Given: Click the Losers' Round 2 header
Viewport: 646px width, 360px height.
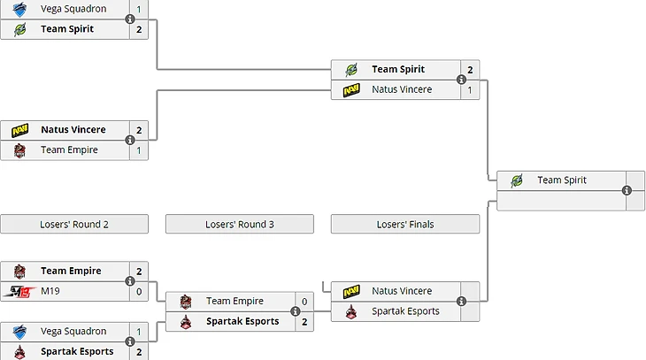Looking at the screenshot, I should pyautogui.click(x=74, y=224).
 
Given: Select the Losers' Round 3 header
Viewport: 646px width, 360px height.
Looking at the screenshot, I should pyautogui.click(x=239, y=224).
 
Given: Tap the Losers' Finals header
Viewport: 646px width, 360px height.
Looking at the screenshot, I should pyautogui.click(x=404, y=224).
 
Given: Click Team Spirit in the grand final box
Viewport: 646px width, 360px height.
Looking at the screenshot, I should pyautogui.click(x=561, y=180).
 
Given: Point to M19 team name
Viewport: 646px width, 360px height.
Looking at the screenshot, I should pyautogui.click(x=50, y=291).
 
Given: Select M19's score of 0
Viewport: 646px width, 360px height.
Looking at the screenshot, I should pyautogui.click(x=139, y=291).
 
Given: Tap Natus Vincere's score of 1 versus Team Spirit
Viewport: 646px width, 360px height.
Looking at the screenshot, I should pyautogui.click(x=470, y=89).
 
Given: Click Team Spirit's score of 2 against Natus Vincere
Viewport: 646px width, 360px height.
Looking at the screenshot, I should pyautogui.click(x=470, y=69).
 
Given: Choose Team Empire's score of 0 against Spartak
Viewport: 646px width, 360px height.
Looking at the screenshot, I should pyautogui.click(x=304, y=302).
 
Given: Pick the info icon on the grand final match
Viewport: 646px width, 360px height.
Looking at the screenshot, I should pyautogui.click(x=627, y=191).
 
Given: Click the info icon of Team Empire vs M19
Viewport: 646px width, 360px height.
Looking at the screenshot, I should pyautogui.click(x=130, y=281).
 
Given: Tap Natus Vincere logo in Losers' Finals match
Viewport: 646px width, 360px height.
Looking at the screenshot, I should pyautogui.click(x=351, y=291).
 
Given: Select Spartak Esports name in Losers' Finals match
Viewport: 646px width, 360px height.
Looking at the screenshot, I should pyautogui.click(x=405, y=311).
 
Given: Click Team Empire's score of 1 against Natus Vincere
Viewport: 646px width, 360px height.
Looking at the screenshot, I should pyautogui.click(x=139, y=150).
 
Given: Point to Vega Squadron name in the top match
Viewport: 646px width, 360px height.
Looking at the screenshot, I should pyautogui.click(x=73, y=9).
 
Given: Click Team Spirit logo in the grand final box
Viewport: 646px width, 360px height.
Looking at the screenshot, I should pyautogui.click(x=517, y=180).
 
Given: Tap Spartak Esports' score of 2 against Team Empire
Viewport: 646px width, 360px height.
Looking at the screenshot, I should pyautogui.click(x=304, y=322).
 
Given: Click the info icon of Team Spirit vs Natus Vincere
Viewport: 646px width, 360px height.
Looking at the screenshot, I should pyautogui.click(x=461, y=80).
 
